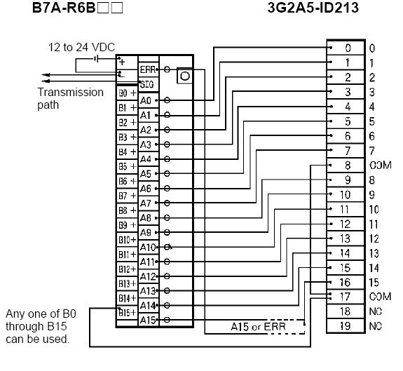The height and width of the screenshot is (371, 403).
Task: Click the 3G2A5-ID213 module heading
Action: pos(313,8)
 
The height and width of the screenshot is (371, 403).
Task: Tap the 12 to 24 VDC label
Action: pos(81,47)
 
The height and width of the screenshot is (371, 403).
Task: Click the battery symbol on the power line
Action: pos(96,60)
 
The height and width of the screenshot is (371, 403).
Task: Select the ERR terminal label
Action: pos(147,69)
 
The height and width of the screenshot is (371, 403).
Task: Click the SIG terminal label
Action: pos(146,84)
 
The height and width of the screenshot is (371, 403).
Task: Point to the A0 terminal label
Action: pos(146,100)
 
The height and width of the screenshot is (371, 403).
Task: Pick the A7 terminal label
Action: pos(146,203)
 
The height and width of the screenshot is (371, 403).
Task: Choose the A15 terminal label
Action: pos(148,320)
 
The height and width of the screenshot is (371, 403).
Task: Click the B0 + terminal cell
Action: pos(128,93)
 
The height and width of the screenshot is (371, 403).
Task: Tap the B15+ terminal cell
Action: pos(128,313)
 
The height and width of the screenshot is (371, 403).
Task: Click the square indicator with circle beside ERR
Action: pos(184,76)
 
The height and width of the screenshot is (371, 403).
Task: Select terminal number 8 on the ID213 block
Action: pos(348,166)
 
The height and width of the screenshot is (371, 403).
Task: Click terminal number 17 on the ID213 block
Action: pos(345,297)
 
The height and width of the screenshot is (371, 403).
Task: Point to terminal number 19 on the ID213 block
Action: pos(345,326)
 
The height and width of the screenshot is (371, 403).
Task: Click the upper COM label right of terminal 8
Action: pos(381,165)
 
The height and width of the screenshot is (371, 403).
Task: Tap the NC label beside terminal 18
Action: pos(376,311)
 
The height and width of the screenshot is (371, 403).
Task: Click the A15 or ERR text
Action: pos(258,327)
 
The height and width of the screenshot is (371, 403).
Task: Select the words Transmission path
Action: pos(70,98)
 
